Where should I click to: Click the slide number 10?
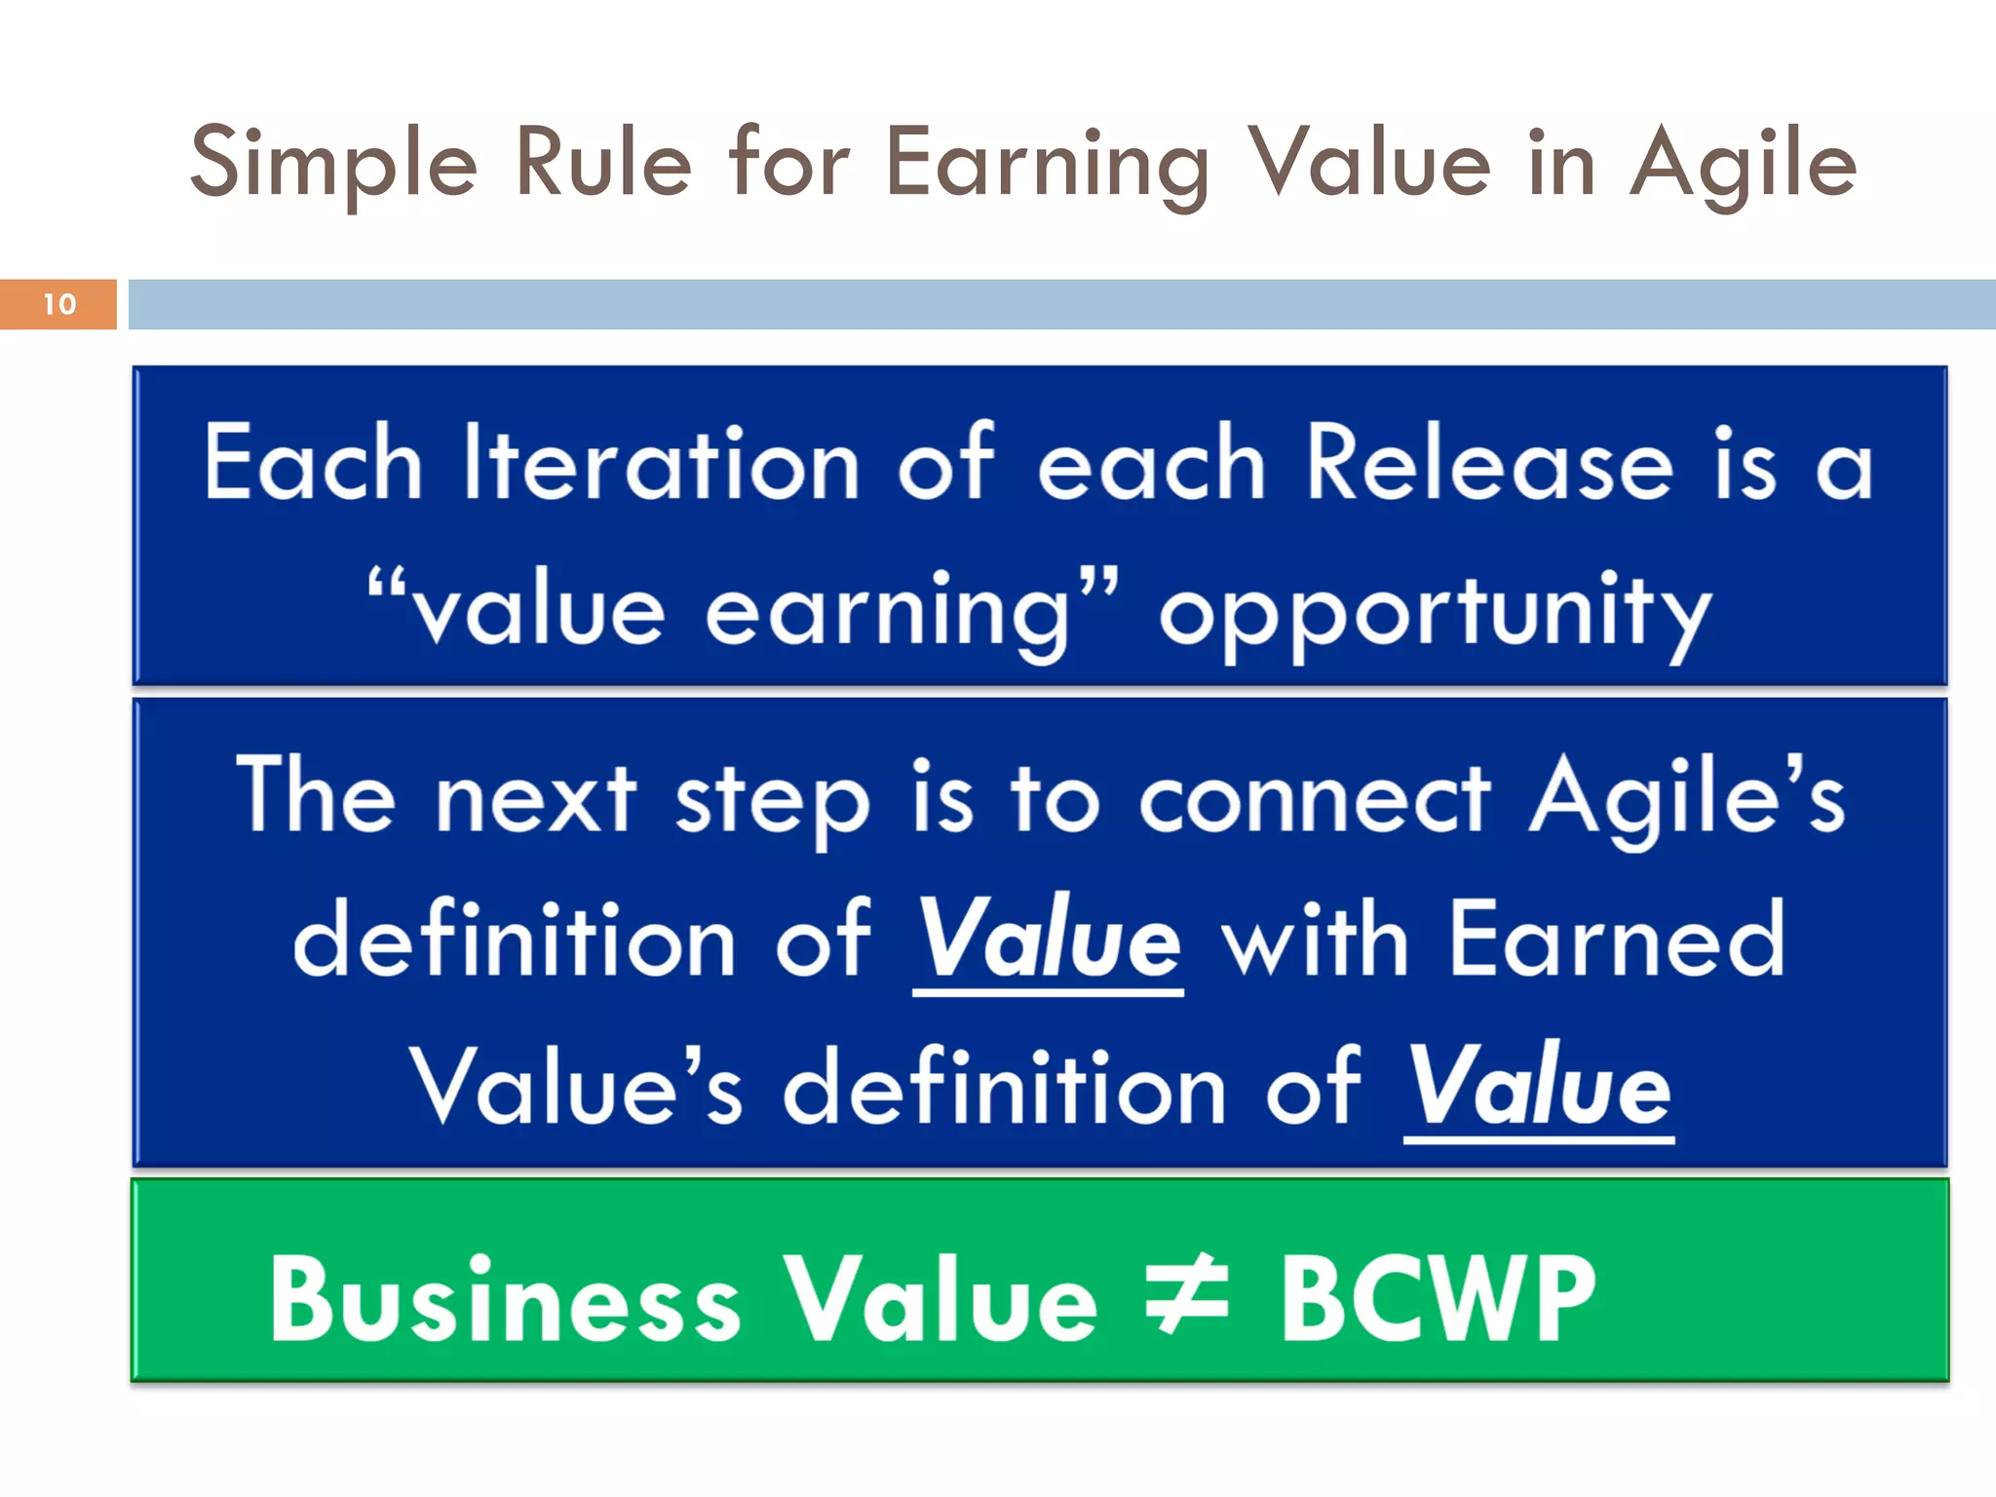pos(59,304)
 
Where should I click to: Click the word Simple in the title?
pos(333,164)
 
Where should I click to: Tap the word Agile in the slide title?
pos(1743,164)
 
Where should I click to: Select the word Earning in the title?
pos(1047,164)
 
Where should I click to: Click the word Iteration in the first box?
pos(661,466)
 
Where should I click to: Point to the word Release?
pos(1489,466)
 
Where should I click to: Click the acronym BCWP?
pos(1438,1298)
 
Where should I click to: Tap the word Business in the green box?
pos(505,1298)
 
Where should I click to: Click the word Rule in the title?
pos(602,164)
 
